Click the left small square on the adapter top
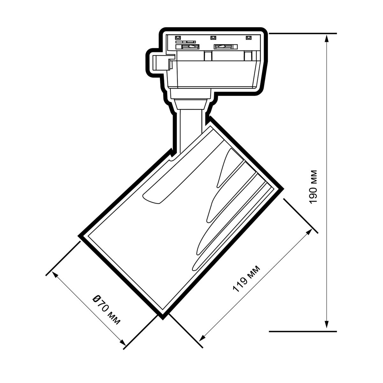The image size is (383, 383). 177,37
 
